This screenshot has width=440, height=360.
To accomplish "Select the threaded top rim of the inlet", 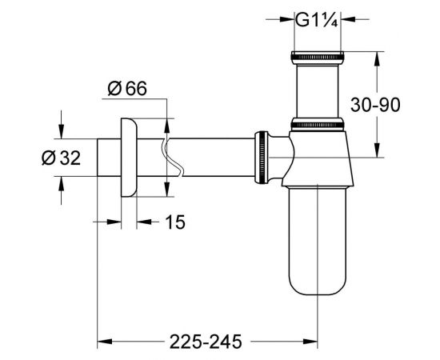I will [318, 58].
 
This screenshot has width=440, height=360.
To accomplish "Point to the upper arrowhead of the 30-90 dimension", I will [376, 57].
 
